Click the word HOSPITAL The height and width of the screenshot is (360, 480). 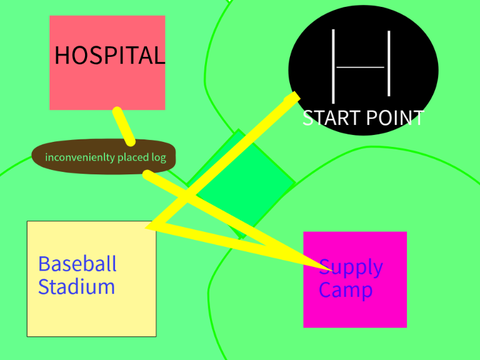[109, 55]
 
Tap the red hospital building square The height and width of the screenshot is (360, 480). [107, 63]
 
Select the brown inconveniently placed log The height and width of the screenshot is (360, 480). [104, 157]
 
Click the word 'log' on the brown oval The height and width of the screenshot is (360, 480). [159, 157]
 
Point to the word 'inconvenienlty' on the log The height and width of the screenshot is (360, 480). [80, 157]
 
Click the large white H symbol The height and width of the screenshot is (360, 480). [361, 66]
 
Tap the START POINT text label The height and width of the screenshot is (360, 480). [363, 118]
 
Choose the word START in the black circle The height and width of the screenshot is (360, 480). [331, 118]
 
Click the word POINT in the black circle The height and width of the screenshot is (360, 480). [395, 118]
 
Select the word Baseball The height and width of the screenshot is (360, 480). [77, 264]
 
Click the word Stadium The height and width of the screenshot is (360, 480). [76, 287]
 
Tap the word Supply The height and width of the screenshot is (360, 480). [351, 268]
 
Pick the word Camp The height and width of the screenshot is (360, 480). [345, 290]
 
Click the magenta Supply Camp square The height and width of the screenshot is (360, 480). [355, 280]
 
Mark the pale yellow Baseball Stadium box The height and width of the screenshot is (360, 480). [92, 279]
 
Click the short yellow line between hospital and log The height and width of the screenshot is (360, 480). [124, 127]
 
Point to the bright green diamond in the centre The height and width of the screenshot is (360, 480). [241, 184]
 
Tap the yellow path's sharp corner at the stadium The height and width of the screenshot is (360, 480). [147, 227]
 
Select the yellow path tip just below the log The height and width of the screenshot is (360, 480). [147, 174]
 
